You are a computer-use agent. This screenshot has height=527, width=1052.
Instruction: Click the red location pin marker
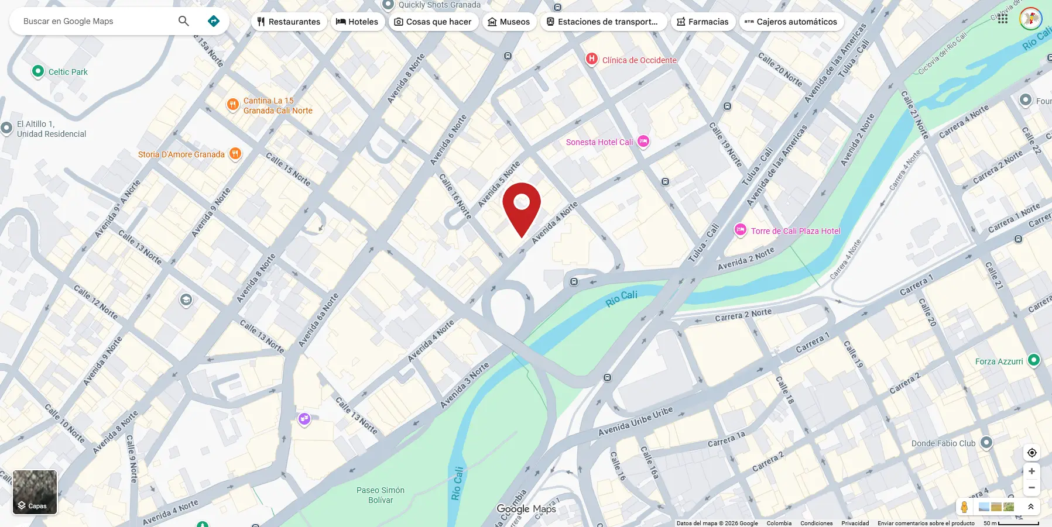[522, 205]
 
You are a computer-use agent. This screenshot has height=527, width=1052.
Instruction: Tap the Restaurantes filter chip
[289, 22]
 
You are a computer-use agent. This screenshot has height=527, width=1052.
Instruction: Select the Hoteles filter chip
[357, 22]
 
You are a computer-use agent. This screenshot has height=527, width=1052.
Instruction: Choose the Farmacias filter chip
[703, 22]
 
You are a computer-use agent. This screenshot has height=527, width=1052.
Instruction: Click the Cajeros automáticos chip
[791, 22]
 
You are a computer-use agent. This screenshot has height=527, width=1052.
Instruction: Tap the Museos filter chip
[509, 22]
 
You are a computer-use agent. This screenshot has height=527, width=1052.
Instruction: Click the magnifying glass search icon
[183, 21]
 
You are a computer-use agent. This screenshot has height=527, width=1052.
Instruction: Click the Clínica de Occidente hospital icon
[592, 58]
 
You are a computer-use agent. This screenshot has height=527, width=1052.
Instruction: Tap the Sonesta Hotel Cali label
[599, 142]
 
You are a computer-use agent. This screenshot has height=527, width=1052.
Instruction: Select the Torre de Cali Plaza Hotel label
[795, 231]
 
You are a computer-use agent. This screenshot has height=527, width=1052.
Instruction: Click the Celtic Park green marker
[38, 71]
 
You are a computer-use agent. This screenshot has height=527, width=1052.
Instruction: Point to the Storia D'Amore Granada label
[181, 154]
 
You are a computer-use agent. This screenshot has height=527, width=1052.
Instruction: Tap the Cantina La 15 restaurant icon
[233, 105]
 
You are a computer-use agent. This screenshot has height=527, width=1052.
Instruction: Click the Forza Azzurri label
[999, 361]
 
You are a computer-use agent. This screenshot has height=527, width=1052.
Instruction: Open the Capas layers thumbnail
[35, 492]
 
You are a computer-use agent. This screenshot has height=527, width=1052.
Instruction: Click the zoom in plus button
[1032, 471]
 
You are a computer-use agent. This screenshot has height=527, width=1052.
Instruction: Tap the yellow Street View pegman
[964, 507]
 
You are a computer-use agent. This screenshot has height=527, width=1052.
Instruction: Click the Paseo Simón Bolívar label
[381, 495]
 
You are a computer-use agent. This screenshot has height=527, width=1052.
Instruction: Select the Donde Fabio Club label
[943, 443]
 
